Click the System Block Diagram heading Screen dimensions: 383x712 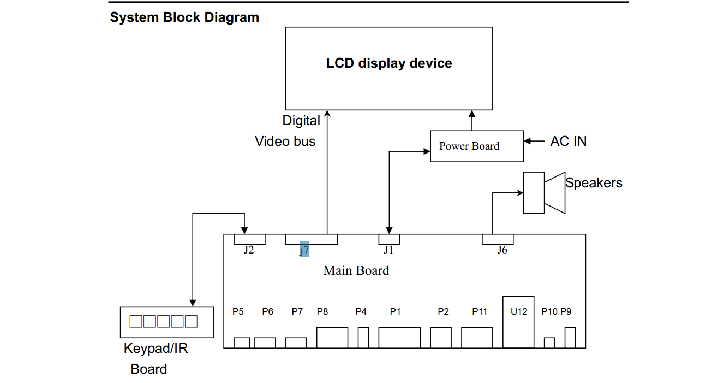tap(184, 17)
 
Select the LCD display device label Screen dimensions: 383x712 tap(389, 63)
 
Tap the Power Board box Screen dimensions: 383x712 tap(476, 146)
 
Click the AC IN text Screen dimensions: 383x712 tap(568, 141)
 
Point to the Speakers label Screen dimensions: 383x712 tap(594, 183)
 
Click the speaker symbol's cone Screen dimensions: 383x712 tap(555, 193)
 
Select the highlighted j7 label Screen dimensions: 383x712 tap(304, 250)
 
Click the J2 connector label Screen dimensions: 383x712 tap(249, 250)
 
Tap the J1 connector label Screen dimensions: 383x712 tap(388, 250)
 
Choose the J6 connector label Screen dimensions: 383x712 tap(502, 250)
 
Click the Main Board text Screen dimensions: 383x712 tap(356, 270)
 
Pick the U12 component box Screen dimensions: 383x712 tap(519, 322)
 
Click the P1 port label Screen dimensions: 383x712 tap(396, 311)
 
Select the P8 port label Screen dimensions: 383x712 tap(322, 311)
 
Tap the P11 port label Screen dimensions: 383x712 tap(480, 311)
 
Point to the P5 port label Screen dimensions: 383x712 tap(238, 311)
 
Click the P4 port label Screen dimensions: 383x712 tap(361, 311)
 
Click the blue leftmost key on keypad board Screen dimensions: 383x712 tap(135, 321)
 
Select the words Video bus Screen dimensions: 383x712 tap(285, 142)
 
